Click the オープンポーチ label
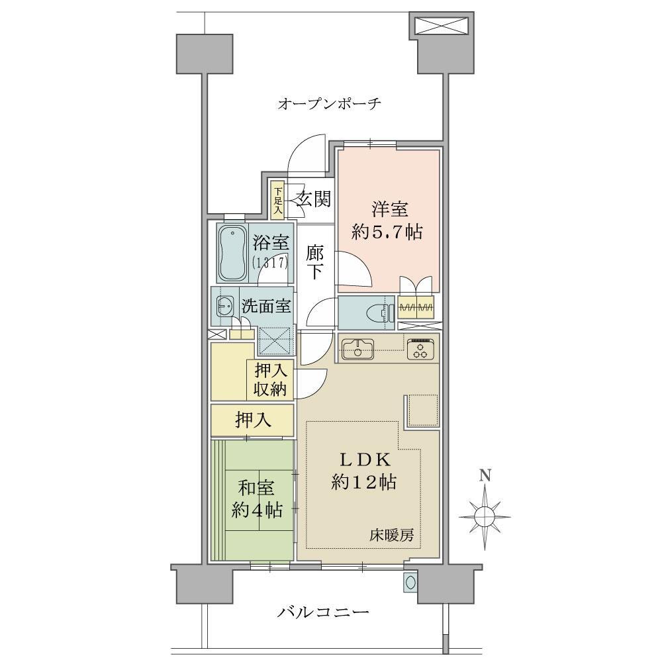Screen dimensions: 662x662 [329, 103]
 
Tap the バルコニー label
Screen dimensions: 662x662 [324, 612]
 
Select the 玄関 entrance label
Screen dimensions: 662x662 [313, 199]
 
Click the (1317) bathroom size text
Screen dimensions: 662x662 [270, 263]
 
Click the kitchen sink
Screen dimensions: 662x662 [358, 349]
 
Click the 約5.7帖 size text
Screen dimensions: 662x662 [387, 232]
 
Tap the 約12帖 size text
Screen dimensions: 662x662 [363, 481]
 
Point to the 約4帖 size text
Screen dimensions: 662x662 [257, 510]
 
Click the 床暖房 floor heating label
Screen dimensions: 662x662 [392, 536]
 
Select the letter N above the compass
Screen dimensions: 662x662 [485, 476]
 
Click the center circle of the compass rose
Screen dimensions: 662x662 [485, 516]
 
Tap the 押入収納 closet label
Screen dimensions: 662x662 [270, 380]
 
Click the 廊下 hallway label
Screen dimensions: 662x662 [315, 262]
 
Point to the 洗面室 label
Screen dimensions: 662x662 [266, 306]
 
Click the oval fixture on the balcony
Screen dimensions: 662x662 [410, 583]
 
